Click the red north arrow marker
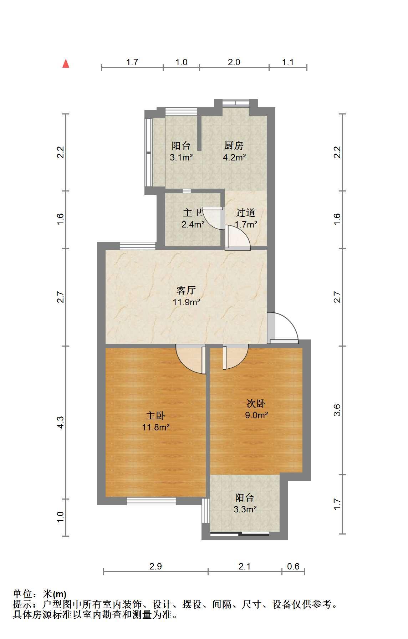click(66, 63)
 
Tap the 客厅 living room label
click(186, 290)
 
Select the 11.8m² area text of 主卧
click(156, 427)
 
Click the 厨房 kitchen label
click(234, 145)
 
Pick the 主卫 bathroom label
click(193, 213)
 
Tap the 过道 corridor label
click(246, 213)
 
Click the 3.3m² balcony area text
click(245, 509)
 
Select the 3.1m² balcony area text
click(181, 157)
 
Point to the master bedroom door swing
click(191, 359)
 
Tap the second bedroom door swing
click(235, 357)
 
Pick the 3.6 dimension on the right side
click(337, 410)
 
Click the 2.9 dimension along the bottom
click(156, 566)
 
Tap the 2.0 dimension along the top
click(234, 62)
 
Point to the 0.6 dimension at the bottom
click(293, 566)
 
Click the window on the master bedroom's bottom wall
click(151, 501)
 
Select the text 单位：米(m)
click(40, 594)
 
